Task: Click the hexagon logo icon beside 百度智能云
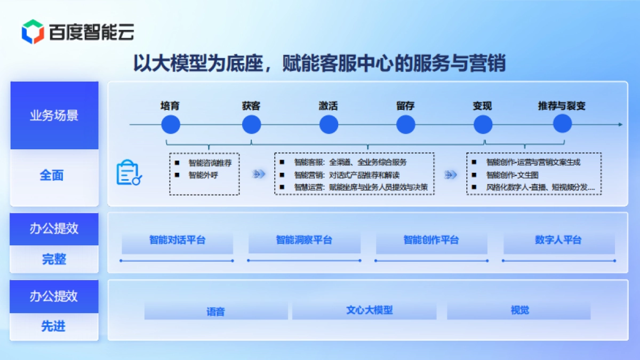[33, 31]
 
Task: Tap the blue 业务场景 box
[54, 115]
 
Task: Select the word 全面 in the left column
[52, 175]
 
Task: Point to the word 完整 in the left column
[54, 259]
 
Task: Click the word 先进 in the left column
[53, 326]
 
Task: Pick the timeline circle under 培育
[171, 125]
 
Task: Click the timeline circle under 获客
[251, 125]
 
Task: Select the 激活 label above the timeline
[329, 106]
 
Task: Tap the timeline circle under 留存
[405, 125]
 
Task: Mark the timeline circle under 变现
[483, 125]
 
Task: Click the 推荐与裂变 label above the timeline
[562, 106]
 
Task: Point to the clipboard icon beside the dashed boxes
[129, 173]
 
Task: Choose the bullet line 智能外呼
[203, 174]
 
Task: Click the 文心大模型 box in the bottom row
[369, 310]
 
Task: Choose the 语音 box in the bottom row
[215, 311]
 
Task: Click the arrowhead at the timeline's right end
[620, 125]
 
